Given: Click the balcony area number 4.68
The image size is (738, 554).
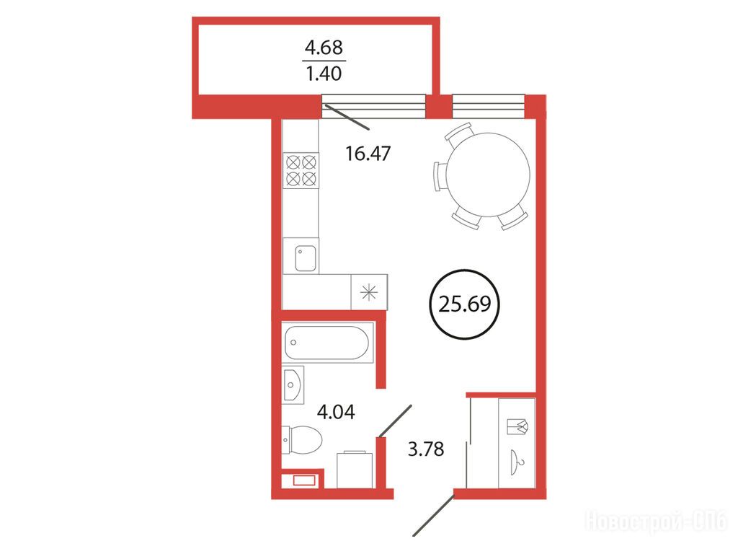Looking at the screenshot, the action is (x=324, y=47).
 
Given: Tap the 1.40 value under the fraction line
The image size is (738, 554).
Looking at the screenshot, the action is (x=324, y=74).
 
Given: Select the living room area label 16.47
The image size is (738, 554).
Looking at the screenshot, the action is (x=368, y=154).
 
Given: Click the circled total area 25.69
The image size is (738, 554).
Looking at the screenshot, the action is (x=465, y=304).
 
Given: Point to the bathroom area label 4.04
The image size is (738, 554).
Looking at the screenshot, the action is (x=336, y=412).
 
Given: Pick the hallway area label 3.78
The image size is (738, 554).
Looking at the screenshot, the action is (x=426, y=449).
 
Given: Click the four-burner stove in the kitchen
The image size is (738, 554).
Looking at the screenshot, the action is (x=301, y=170).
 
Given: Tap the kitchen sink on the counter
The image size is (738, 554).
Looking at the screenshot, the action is (x=306, y=258).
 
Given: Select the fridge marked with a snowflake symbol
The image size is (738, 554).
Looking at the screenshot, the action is (x=369, y=292).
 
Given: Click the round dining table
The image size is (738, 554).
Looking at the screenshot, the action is (x=488, y=175).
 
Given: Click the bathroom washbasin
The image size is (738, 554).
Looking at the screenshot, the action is (x=293, y=384).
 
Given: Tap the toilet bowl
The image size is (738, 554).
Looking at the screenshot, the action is (x=302, y=440).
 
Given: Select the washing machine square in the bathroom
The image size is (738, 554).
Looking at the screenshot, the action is (x=355, y=470).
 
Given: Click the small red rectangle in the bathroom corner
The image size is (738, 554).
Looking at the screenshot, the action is (x=303, y=480).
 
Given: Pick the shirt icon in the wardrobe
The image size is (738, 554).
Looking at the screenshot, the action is (x=517, y=426).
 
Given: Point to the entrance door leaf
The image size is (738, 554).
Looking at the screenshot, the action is (x=433, y=515).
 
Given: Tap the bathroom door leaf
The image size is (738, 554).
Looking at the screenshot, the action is (x=396, y=421).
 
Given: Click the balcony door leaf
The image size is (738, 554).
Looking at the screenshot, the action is (x=347, y=118).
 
